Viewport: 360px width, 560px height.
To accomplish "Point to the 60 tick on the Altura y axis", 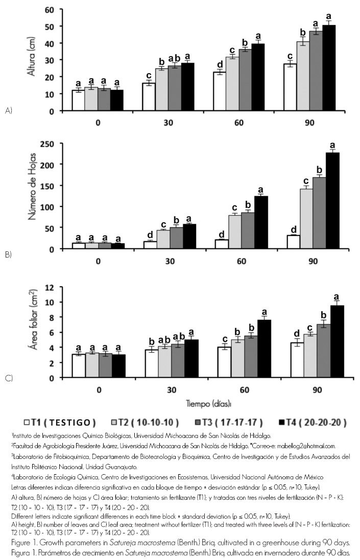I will (x=50, y=10).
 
